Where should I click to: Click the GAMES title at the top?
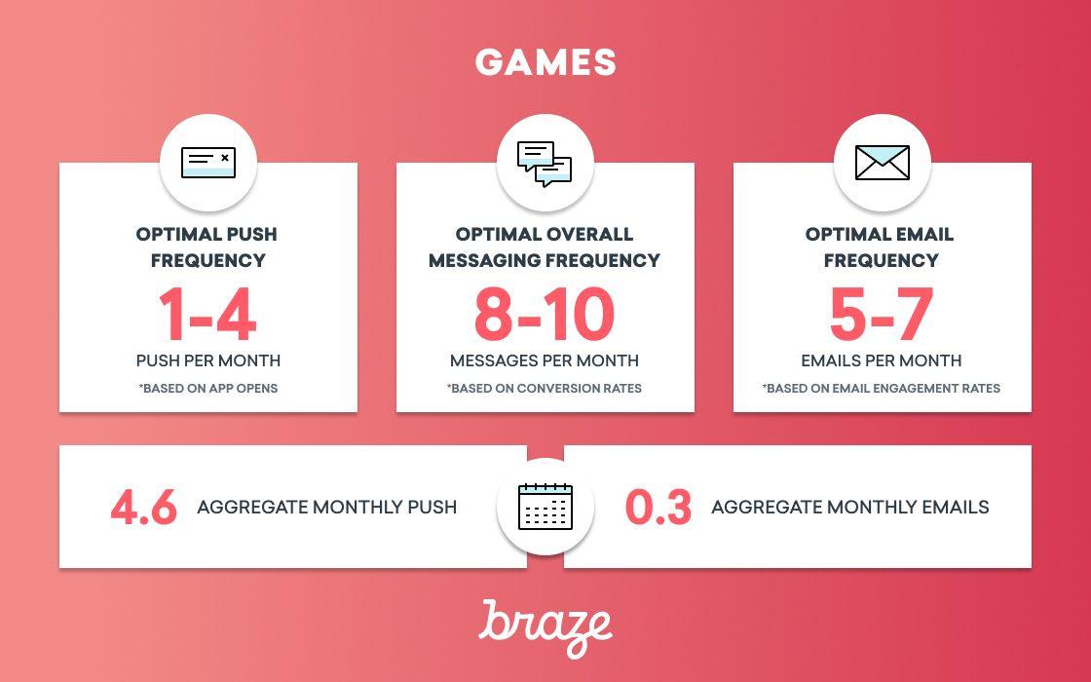point(545,62)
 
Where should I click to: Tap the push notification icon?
point(208,163)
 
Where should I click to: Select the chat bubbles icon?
point(545,165)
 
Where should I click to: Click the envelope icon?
point(882,163)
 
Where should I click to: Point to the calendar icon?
point(545,507)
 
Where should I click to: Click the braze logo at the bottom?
point(545,627)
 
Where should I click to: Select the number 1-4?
point(208,316)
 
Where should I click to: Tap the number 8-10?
point(545,316)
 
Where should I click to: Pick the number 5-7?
point(882,316)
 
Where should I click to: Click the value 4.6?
point(144,508)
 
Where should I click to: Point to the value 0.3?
point(658,508)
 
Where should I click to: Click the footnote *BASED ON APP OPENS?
point(208,389)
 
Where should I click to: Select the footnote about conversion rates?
point(545,389)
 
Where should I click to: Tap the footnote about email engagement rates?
point(881,389)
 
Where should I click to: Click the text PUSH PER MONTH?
point(208,360)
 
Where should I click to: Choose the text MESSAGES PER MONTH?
point(545,360)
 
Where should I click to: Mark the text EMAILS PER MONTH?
point(881,360)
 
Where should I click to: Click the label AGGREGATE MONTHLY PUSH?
point(327,507)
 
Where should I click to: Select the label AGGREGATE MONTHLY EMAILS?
point(850,507)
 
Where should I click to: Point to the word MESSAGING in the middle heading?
point(483,260)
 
